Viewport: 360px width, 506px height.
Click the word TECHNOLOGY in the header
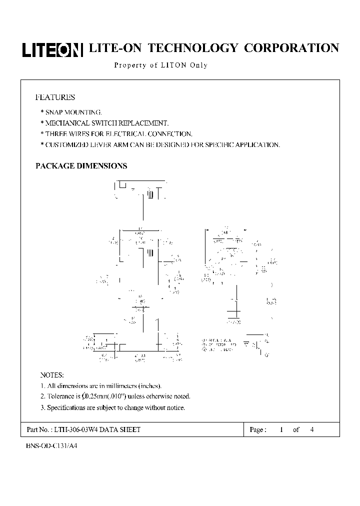click(x=193, y=48)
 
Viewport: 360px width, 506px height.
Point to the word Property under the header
click(x=129, y=65)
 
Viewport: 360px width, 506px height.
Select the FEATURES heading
click(x=55, y=97)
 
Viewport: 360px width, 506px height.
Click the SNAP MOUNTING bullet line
click(x=72, y=112)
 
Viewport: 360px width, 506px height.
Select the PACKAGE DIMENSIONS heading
click(x=81, y=166)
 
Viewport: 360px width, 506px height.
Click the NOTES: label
click(x=52, y=375)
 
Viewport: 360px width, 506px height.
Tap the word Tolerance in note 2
click(x=61, y=396)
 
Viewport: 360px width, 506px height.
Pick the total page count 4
click(x=312, y=430)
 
